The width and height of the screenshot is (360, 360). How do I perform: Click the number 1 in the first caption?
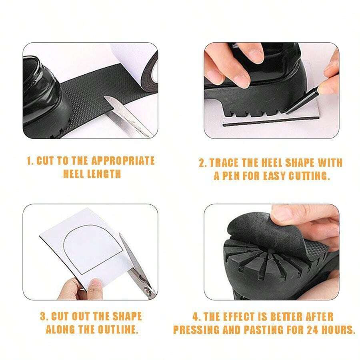(x=28, y=161)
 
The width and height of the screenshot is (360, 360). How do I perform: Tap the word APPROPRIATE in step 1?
(x=122, y=161)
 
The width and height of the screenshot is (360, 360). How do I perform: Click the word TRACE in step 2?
(x=226, y=163)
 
